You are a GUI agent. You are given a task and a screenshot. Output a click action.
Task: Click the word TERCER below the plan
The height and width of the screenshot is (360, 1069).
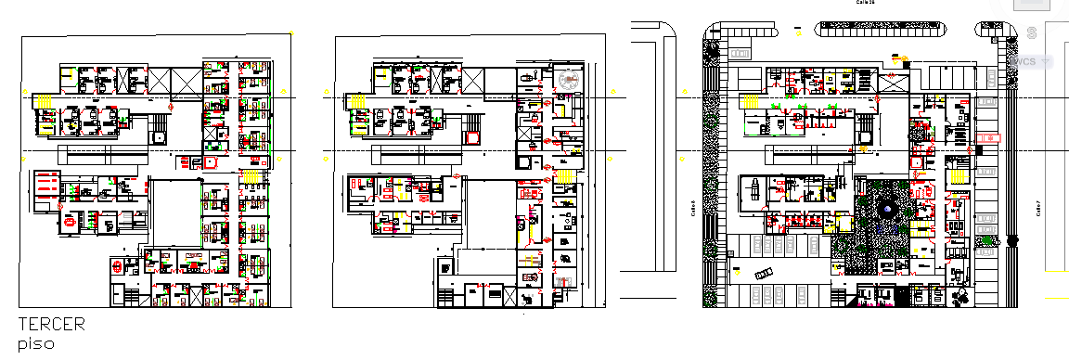click(52, 325)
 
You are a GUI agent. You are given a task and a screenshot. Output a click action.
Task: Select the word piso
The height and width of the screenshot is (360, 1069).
click(36, 343)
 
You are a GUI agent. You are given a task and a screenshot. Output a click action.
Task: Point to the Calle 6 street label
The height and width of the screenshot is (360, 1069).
click(693, 208)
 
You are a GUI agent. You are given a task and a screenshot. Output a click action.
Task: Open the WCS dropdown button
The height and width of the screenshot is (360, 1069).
click(1029, 61)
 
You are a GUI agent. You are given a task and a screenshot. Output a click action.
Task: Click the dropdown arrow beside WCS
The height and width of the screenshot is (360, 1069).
click(1047, 61)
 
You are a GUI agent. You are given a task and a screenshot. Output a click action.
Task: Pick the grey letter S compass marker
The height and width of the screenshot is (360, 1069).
click(1032, 33)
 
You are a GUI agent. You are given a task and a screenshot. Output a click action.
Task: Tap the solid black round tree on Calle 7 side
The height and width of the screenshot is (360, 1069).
click(1011, 241)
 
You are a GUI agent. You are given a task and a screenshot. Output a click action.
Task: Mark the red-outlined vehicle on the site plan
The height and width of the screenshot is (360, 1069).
click(989, 137)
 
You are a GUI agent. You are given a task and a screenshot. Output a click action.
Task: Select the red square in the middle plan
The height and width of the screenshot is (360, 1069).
click(474, 138)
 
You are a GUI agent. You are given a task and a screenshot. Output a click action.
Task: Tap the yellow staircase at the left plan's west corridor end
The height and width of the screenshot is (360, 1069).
click(44, 98)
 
